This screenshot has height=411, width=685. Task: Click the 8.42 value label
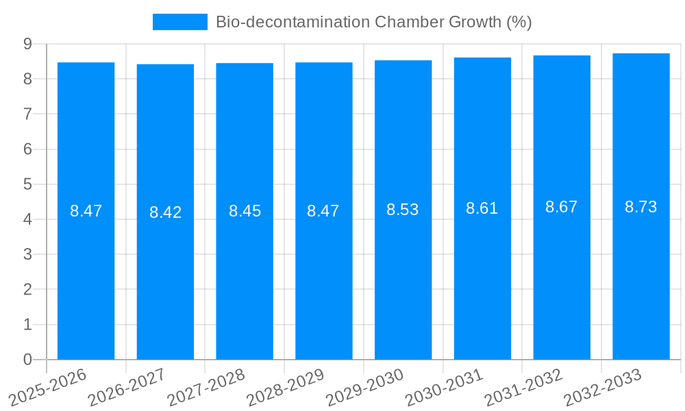(x=165, y=212)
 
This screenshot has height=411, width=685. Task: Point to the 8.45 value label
(x=245, y=211)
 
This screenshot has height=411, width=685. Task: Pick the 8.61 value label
(x=482, y=208)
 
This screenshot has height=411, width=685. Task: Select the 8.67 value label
(x=561, y=207)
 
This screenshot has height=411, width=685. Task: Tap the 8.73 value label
(x=640, y=207)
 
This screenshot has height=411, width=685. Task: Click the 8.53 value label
(x=402, y=210)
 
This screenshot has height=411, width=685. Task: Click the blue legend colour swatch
(x=179, y=22)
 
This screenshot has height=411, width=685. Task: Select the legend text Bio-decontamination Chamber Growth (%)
(x=373, y=22)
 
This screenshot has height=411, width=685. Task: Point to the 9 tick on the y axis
(x=27, y=44)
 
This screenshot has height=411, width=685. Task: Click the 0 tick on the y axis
(x=27, y=360)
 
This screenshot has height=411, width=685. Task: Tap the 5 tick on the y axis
(x=27, y=184)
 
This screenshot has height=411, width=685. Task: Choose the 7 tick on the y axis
(x=27, y=114)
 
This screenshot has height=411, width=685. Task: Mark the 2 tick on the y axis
(x=27, y=290)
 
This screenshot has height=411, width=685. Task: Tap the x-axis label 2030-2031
(x=445, y=386)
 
